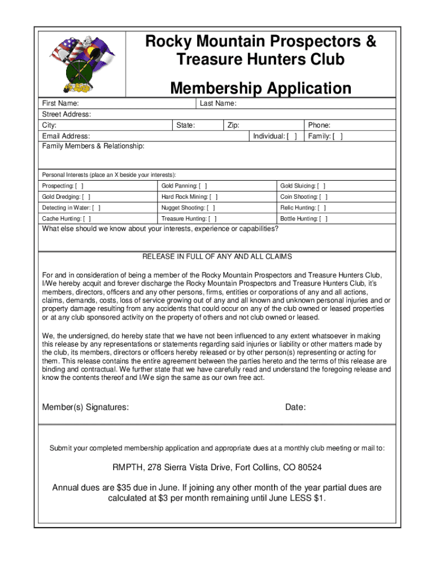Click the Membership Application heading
[260, 88]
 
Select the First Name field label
[60, 103]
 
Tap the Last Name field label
[218, 103]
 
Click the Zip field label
[233, 125]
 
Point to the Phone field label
[319, 125]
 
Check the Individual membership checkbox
[292, 136]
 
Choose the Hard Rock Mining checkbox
[214, 197]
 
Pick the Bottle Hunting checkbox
[323, 218]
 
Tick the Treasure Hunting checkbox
[212, 218]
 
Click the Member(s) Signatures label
[85, 407]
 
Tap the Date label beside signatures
[295, 407]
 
